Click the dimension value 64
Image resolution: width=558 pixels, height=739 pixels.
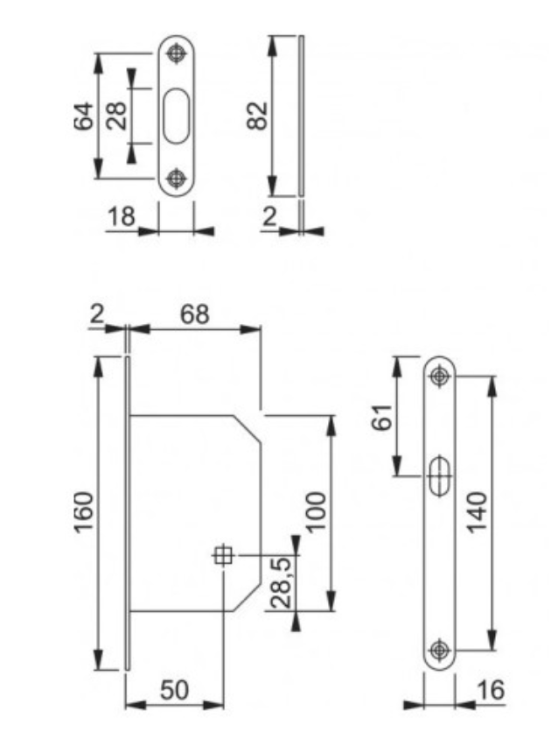[x=83, y=116]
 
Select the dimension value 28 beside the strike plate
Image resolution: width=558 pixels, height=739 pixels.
[x=115, y=116]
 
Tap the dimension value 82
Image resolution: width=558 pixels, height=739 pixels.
[x=257, y=116]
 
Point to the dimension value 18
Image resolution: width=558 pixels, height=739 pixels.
[x=122, y=217]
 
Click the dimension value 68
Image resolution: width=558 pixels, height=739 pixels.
[x=194, y=314]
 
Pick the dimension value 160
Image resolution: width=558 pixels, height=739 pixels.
[x=83, y=512]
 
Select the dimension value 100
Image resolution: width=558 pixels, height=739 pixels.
[x=316, y=512]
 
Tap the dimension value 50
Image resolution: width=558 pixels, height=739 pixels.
[x=174, y=690]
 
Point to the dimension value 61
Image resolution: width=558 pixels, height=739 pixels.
[x=382, y=417]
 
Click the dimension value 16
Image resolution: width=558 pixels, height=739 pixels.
[x=490, y=690]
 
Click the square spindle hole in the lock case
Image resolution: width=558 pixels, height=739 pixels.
[x=223, y=555]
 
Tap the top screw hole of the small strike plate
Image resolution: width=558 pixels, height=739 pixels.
[x=176, y=53]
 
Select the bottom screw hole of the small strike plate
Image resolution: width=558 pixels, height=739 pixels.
[x=176, y=178]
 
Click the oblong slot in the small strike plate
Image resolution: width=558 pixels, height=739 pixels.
[x=177, y=116]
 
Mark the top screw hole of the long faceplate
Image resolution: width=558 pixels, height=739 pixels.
[x=439, y=377]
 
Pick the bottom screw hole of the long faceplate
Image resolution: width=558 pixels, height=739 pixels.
[x=439, y=649]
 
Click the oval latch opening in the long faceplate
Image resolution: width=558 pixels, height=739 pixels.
[x=440, y=475]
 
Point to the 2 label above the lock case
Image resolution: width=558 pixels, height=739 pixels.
[x=96, y=313]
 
